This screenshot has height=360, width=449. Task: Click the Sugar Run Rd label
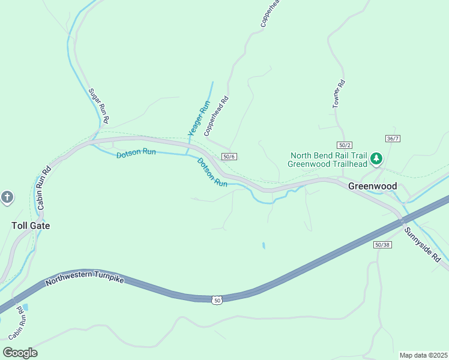(x=99, y=106)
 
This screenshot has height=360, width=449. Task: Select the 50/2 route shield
(x=344, y=145)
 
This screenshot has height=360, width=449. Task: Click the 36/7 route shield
(x=393, y=139)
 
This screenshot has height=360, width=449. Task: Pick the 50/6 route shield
(x=229, y=157)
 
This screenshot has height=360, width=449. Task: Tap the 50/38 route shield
(x=382, y=244)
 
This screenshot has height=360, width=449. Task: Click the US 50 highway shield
(x=217, y=300)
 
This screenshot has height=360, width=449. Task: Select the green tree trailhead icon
(x=376, y=158)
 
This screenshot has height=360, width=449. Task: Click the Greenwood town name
(x=372, y=186)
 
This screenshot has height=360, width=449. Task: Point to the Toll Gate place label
(x=31, y=226)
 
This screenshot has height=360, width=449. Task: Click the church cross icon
(x=7, y=197)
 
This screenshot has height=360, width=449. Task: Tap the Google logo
(x=20, y=352)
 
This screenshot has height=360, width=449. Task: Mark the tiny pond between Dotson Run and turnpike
(x=263, y=245)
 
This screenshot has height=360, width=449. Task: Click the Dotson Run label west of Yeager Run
(x=136, y=152)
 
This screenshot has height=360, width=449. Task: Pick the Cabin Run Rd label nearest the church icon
(x=42, y=186)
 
